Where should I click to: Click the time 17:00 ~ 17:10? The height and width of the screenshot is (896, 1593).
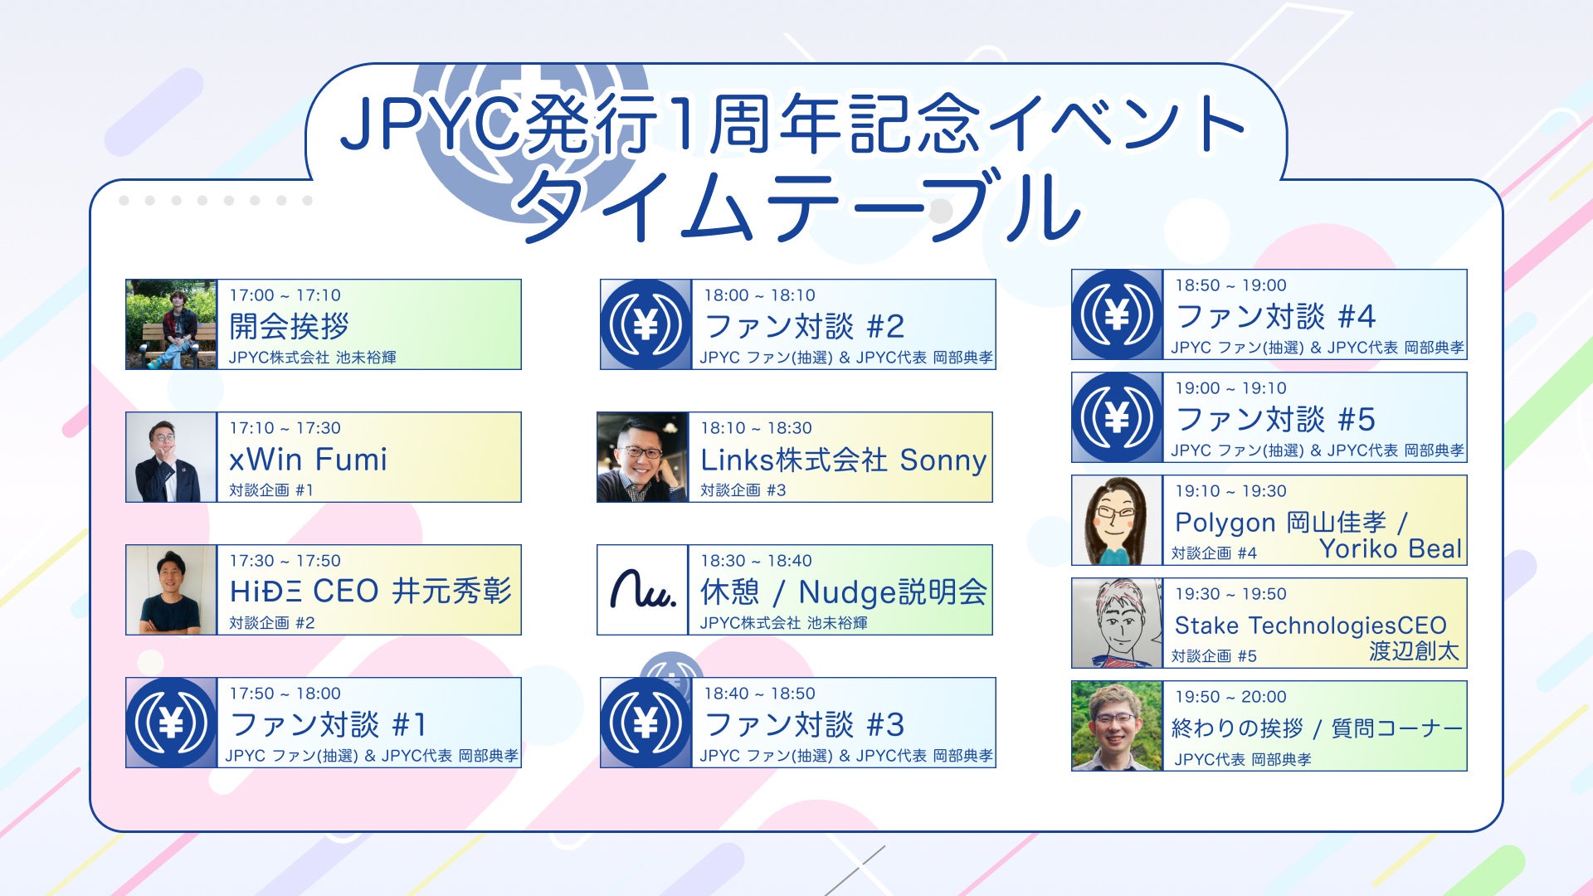(x=285, y=295)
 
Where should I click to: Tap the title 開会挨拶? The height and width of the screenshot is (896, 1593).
(x=289, y=326)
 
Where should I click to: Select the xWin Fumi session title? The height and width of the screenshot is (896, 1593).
(x=309, y=459)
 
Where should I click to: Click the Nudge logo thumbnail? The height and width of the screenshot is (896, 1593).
(x=643, y=590)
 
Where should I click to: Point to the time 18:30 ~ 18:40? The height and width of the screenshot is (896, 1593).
(x=756, y=561)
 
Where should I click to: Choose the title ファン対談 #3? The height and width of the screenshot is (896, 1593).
(x=804, y=724)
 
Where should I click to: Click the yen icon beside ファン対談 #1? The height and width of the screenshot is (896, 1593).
(x=171, y=723)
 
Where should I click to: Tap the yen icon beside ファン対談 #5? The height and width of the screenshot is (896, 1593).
(x=1117, y=417)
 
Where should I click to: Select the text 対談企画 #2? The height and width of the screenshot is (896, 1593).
(x=272, y=623)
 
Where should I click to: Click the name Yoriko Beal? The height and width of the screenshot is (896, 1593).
(x=1391, y=549)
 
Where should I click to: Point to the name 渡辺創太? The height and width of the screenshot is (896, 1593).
(x=1414, y=651)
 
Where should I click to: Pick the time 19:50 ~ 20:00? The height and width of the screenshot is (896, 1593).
(x=1230, y=697)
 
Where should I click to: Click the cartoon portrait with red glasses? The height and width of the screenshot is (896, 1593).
(x=1117, y=520)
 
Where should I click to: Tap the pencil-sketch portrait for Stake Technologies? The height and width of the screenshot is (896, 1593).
(x=1117, y=623)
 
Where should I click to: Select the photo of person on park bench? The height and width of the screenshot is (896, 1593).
(x=171, y=324)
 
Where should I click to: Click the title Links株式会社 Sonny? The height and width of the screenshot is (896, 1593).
(x=844, y=460)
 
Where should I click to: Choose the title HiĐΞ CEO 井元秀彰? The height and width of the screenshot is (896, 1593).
(x=371, y=592)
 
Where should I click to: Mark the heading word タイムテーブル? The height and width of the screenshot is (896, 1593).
(x=798, y=207)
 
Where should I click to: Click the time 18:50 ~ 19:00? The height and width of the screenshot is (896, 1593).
(x=1230, y=285)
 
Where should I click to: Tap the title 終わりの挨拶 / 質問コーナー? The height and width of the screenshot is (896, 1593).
(x=1317, y=728)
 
